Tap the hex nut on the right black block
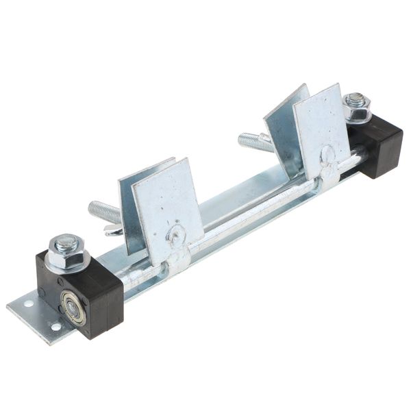coord(357,108)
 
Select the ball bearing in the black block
coord(72,308)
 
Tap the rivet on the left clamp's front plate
coord(177,235)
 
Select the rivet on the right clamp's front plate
coord(328,153)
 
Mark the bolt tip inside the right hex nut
coord(355,100)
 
